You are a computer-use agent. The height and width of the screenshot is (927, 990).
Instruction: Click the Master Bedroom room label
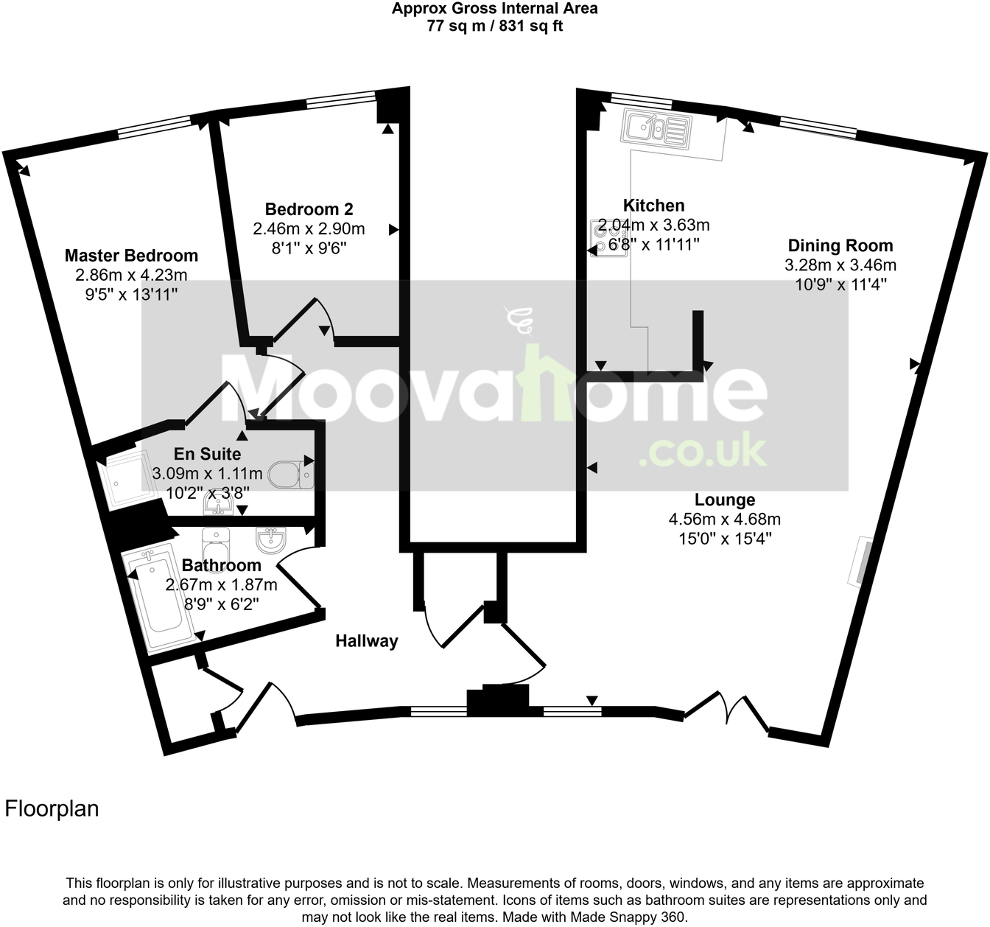point(131,256)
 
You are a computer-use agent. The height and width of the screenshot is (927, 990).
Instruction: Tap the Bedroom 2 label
point(309,209)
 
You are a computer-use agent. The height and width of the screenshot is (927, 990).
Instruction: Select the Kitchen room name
point(653,206)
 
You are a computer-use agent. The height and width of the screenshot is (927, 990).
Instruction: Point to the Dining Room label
point(840,246)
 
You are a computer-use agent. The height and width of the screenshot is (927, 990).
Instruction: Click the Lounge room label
point(725,500)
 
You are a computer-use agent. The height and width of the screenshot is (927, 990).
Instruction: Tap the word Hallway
point(366,641)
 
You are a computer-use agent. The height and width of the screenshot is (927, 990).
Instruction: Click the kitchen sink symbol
point(656,128)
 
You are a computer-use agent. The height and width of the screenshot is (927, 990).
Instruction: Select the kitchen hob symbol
point(607,238)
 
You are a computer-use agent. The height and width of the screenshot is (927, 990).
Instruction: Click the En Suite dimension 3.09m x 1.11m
point(207,474)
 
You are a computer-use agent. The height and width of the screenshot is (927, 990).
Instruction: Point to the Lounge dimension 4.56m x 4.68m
point(725,520)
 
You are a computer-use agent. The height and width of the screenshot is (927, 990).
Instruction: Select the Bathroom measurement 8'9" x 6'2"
point(220,604)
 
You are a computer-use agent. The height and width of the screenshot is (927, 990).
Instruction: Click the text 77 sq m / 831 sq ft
point(494,26)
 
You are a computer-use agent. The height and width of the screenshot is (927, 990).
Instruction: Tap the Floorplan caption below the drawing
point(52,809)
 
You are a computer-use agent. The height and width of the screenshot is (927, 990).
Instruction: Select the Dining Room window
point(818,126)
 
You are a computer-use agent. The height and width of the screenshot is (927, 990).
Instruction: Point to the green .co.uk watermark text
point(703,451)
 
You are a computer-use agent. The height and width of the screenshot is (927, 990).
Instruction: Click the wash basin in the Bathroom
point(270,542)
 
